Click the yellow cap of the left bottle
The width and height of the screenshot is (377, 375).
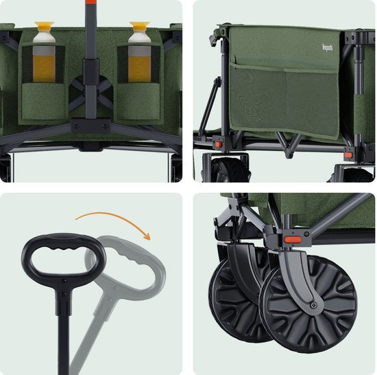click(45, 32)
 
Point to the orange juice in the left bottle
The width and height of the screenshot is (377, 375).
click(45, 68)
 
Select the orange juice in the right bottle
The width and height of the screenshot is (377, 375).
click(139, 68)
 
